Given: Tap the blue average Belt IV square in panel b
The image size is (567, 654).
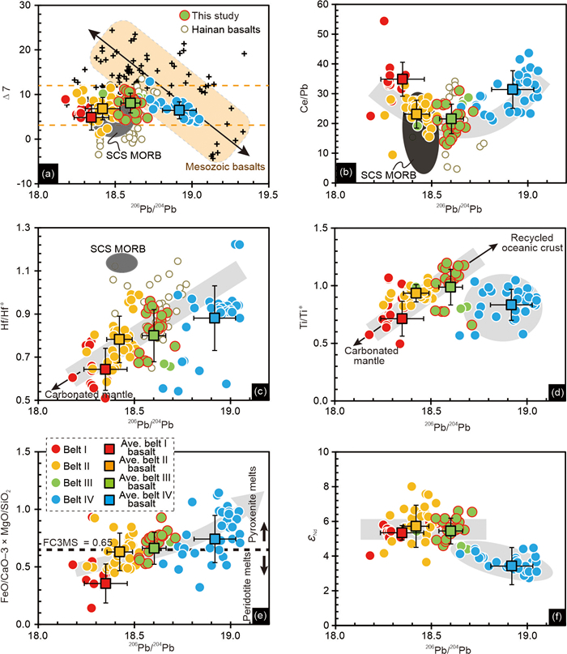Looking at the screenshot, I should pyautogui.click(x=512, y=89).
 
